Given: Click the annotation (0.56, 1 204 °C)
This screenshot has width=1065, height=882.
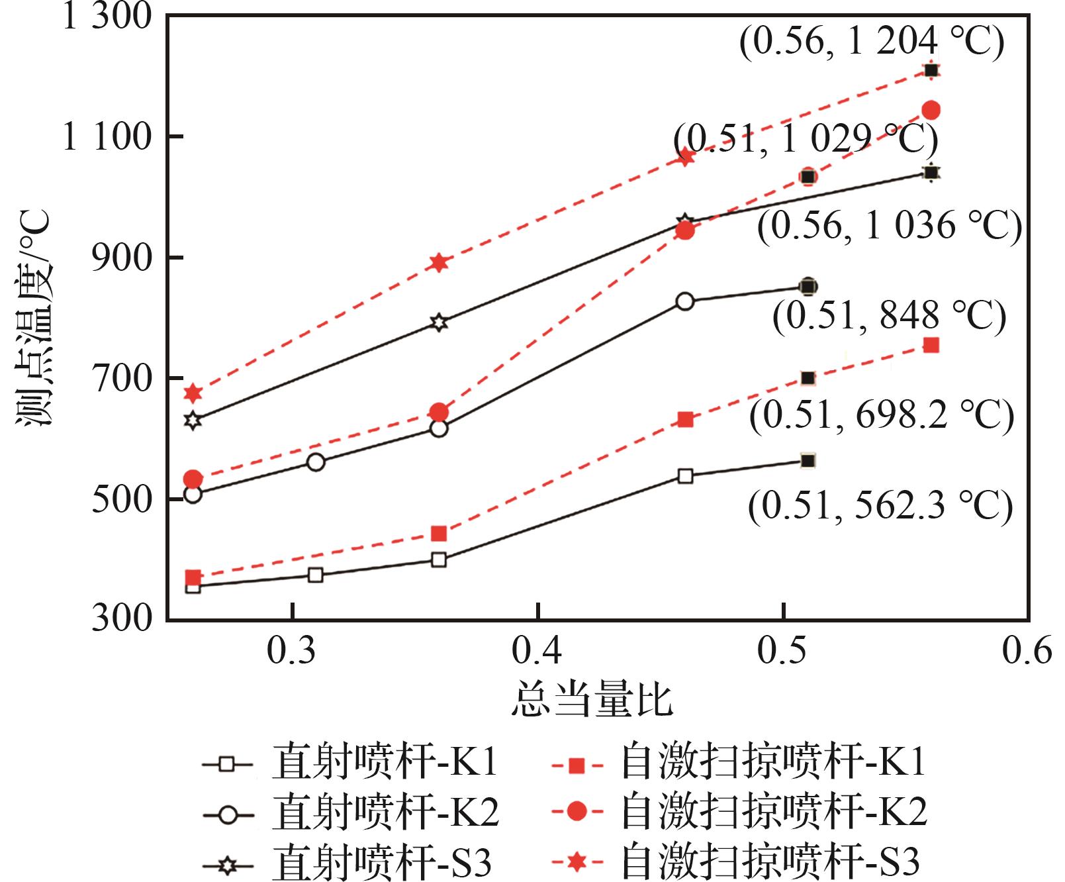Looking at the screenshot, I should pos(872,42).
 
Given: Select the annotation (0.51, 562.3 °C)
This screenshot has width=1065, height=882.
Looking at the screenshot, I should pos(880,507).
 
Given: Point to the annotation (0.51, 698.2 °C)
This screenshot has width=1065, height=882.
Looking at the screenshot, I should pos(881,416).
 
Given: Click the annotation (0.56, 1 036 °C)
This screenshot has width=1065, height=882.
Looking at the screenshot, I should pos(890,226).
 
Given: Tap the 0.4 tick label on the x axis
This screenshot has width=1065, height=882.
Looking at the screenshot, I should pos(537,651).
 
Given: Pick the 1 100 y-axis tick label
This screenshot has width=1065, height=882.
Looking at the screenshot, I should pos(106,137).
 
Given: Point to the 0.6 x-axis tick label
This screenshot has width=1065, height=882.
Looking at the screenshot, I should pos(1027,651).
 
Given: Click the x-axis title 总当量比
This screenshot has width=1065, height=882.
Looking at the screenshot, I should pos(592,701).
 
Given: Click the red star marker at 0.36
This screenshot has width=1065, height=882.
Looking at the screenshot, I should pos(438,263).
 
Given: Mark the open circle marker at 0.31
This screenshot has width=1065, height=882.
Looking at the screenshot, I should pos(316,462).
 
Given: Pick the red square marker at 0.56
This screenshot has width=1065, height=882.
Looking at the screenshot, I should pos(931,345).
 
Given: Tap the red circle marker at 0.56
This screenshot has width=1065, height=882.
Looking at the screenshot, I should pos(931,110).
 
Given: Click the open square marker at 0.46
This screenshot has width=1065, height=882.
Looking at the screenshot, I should pos(685,476).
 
